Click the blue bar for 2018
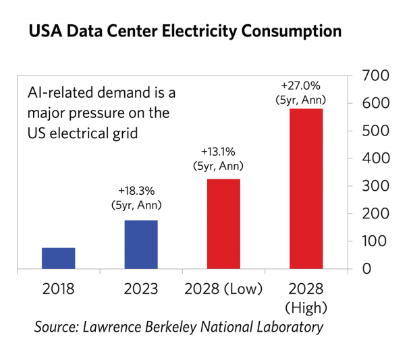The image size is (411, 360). pyautogui.click(x=59, y=258)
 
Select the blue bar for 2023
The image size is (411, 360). pyautogui.click(x=141, y=244)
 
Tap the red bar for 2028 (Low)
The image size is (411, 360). pyautogui.click(x=223, y=224)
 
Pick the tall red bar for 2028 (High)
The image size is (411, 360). pyautogui.click(x=306, y=189)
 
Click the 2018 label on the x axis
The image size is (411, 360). pyautogui.click(x=59, y=290)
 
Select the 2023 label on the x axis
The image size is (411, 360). pyautogui.click(x=141, y=290)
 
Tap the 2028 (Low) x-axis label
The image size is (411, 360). pyautogui.click(x=223, y=290)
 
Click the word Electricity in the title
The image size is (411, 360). pyautogui.click(x=206, y=32)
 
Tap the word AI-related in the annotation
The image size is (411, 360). pyautogui.click(x=58, y=93)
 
